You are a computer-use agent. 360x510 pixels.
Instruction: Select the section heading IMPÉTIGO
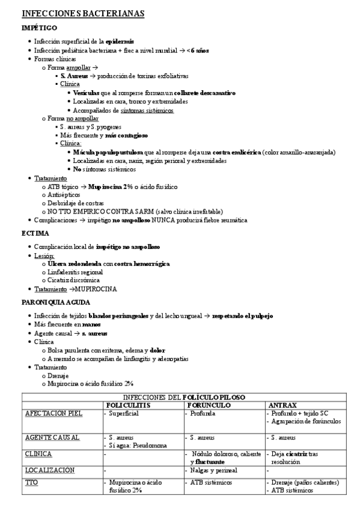40,28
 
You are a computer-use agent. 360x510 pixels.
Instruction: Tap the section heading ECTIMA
35,232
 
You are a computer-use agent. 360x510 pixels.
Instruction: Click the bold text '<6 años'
197,51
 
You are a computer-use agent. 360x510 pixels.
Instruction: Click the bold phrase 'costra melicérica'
232,153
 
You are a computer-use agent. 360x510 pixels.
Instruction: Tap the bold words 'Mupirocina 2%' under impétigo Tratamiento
111,186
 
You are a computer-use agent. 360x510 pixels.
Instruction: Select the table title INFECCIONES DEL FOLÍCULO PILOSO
183,398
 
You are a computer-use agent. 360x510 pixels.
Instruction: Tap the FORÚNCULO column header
209,405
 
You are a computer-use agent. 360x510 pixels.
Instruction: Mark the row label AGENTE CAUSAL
52,437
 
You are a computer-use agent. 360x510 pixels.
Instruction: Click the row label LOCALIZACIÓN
50,470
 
